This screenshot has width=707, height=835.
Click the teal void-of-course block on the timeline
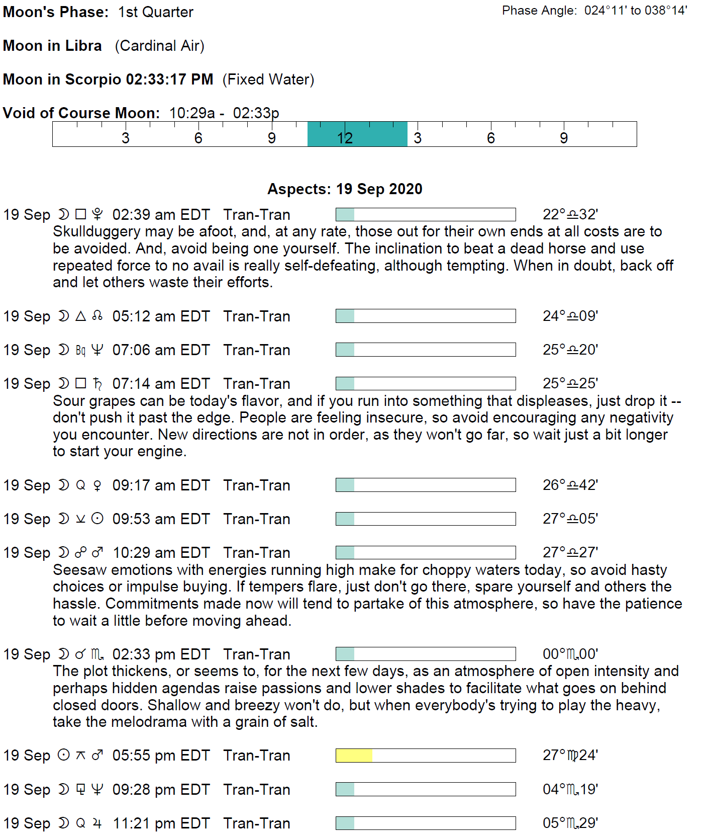(x=357, y=134)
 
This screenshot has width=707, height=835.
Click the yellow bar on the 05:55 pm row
(x=354, y=756)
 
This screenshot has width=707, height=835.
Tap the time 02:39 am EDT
(x=161, y=215)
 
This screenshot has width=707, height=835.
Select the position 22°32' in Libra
(x=570, y=215)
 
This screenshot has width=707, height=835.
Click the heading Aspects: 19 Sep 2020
(x=345, y=189)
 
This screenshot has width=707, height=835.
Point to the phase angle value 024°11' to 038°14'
(x=635, y=11)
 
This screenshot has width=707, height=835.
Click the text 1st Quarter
(x=155, y=12)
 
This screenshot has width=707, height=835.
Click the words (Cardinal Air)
(x=159, y=46)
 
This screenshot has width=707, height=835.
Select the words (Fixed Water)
(x=268, y=79)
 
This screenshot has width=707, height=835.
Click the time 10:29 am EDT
(x=161, y=553)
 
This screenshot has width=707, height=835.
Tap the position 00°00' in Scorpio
(x=570, y=654)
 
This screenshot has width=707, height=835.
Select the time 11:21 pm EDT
(x=161, y=823)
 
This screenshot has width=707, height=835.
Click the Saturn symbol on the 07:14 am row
(x=97, y=384)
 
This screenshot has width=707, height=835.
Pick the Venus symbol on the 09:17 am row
(x=97, y=485)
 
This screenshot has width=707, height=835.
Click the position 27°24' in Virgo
(x=570, y=756)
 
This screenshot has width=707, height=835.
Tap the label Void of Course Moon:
(x=81, y=113)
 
